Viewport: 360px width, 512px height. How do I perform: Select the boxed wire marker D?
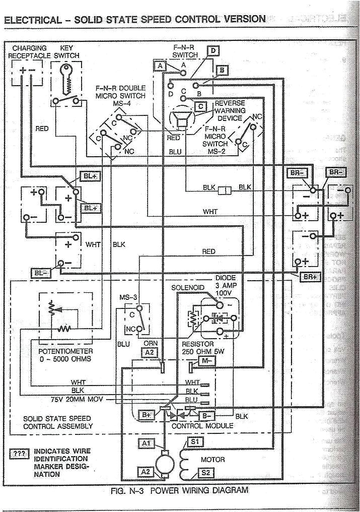213,50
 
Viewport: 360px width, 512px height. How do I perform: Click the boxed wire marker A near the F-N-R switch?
160,66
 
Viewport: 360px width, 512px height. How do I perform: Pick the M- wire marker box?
206,360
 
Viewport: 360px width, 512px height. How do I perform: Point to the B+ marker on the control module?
147,415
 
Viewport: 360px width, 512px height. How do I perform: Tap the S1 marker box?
194,442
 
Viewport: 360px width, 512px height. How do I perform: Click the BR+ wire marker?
309,277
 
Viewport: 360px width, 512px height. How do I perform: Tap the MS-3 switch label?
128,297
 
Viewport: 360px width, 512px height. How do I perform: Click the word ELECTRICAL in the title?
30,20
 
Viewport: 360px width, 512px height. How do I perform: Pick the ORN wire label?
151,343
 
